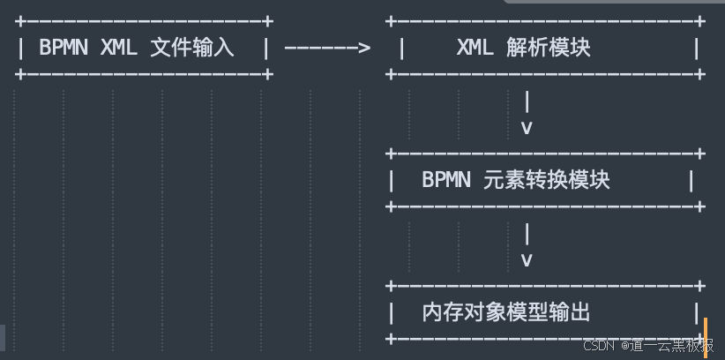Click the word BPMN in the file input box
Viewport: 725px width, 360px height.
64,48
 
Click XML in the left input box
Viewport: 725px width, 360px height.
119,48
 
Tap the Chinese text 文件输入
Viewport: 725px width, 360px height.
192,48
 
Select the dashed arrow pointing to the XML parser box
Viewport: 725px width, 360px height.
327,48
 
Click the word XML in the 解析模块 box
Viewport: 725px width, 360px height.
475,48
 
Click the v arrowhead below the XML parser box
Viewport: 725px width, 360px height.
527,128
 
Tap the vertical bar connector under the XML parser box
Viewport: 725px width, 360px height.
527,101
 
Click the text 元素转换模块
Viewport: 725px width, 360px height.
547,180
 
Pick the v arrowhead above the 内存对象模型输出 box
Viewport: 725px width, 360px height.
527,260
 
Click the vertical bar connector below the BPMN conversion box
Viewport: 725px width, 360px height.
527,234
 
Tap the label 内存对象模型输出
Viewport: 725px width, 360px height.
506,312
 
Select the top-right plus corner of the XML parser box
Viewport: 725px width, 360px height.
700,20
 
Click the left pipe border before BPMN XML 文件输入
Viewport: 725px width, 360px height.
20,48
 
